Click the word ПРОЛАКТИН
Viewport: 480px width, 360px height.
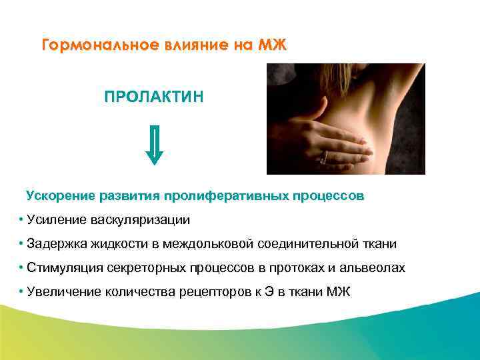coord(154,98)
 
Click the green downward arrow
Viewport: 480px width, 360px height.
coord(154,145)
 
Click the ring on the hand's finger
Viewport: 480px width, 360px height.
coord(325,157)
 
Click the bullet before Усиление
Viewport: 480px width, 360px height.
coord(22,220)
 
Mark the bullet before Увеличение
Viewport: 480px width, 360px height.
coord(22,292)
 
